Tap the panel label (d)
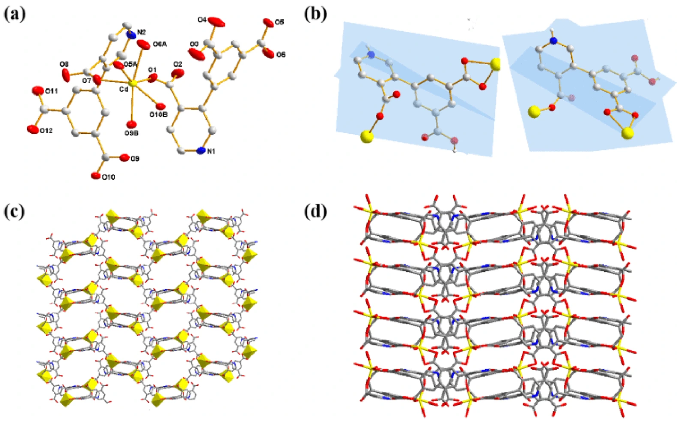[315, 212]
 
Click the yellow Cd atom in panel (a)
[134, 83]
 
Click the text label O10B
[158, 114]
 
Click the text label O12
[46, 131]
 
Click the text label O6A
[159, 44]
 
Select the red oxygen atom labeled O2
[178, 74]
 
